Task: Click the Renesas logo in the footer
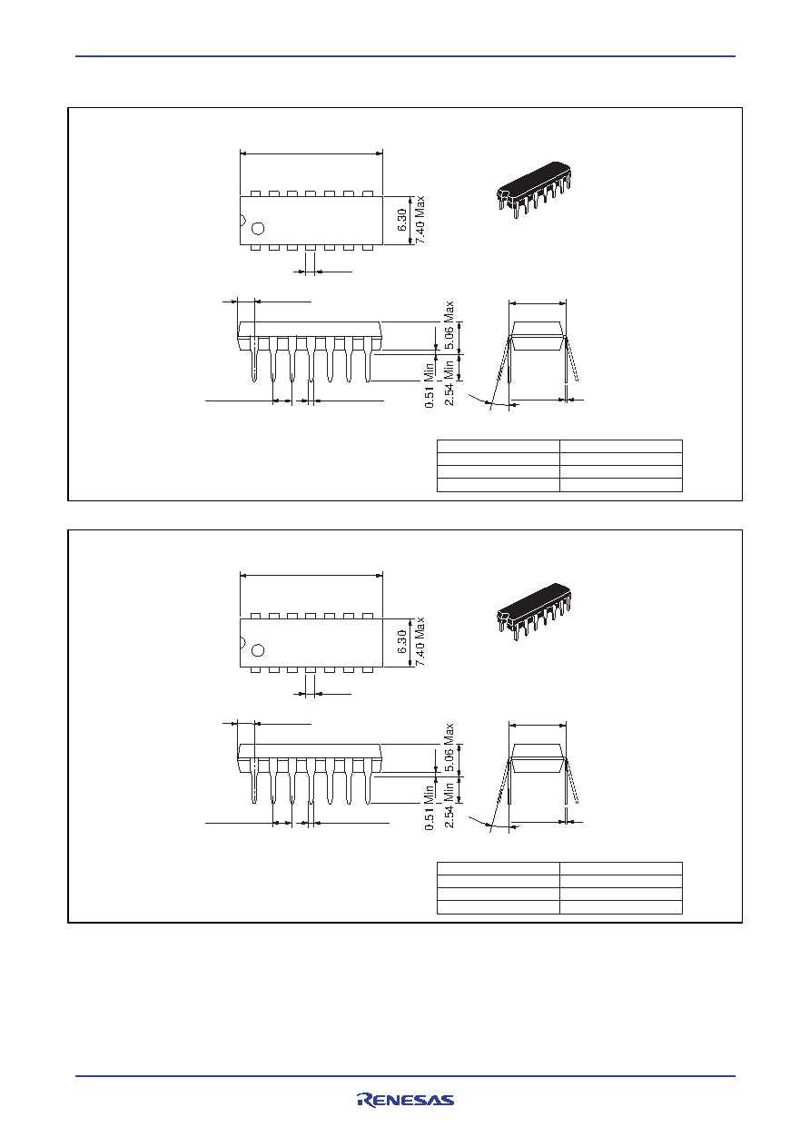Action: click(405, 1101)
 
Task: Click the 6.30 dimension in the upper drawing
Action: click(402, 220)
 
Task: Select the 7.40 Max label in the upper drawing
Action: click(420, 220)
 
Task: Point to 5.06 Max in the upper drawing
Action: click(449, 325)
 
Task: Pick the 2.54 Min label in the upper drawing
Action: click(449, 382)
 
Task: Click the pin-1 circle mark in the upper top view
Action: click(258, 228)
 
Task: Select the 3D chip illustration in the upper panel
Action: click(534, 190)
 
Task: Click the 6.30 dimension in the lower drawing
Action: click(402, 641)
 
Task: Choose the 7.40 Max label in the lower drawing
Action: click(420, 641)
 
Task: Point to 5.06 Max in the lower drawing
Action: click(449, 747)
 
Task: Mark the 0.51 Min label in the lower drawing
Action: click(430, 807)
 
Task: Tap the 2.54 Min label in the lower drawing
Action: click(449, 805)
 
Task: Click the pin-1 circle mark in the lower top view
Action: click(258, 650)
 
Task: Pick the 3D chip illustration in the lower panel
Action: click(534, 611)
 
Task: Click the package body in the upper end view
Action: click(538, 335)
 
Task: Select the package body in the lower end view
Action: click(538, 757)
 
